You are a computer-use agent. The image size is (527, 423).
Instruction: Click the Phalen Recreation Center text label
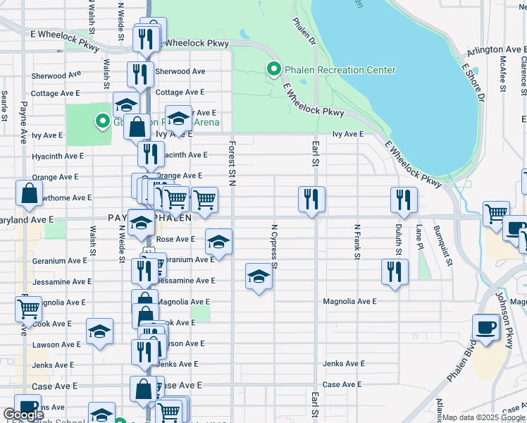click(340, 70)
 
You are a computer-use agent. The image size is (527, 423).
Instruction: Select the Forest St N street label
click(231, 163)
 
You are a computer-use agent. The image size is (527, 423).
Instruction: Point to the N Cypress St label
click(275, 247)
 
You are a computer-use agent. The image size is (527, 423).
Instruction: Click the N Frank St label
click(357, 242)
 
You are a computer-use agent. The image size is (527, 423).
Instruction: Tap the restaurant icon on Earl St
click(311, 200)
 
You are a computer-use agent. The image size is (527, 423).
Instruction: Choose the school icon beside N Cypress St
click(259, 277)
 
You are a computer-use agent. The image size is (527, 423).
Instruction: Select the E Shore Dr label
click(472, 83)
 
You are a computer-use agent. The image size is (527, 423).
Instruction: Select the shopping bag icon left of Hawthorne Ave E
click(30, 195)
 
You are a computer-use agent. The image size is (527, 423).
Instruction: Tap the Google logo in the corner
click(23, 415)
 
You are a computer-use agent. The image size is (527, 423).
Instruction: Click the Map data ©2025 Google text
click(483, 417)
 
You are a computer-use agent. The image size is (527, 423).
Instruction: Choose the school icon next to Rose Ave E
click(218, 243)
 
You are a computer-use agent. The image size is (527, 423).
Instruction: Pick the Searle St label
click(4, 105)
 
